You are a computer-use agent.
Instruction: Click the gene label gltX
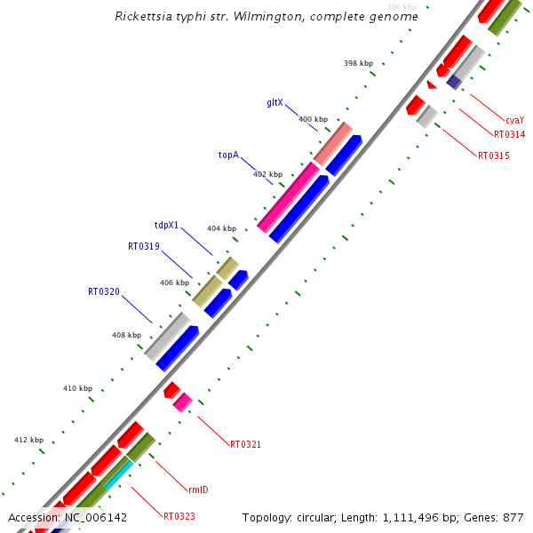(274, 102)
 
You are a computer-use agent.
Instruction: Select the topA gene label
(228, 155)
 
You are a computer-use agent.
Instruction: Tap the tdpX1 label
(166, 226)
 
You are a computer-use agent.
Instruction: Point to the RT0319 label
(143, 246)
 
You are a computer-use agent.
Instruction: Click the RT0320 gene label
(103, 291)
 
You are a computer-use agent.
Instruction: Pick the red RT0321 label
(245, 444)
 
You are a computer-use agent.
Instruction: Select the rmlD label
(198, 489)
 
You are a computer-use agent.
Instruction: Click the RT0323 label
(179, 516)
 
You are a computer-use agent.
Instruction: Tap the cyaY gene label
(514, 119)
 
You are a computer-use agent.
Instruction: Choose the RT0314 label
(509, 135)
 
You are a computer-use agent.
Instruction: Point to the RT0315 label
(493, 155)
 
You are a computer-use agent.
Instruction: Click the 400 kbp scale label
(313, 119)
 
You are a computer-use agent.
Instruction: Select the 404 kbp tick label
(221, 228)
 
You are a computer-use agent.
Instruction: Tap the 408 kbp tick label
(126, 335)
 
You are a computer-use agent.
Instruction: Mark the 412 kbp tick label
(28, 440)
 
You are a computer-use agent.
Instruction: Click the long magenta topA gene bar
(288, 198)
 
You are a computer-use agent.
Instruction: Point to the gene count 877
(513, 517)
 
